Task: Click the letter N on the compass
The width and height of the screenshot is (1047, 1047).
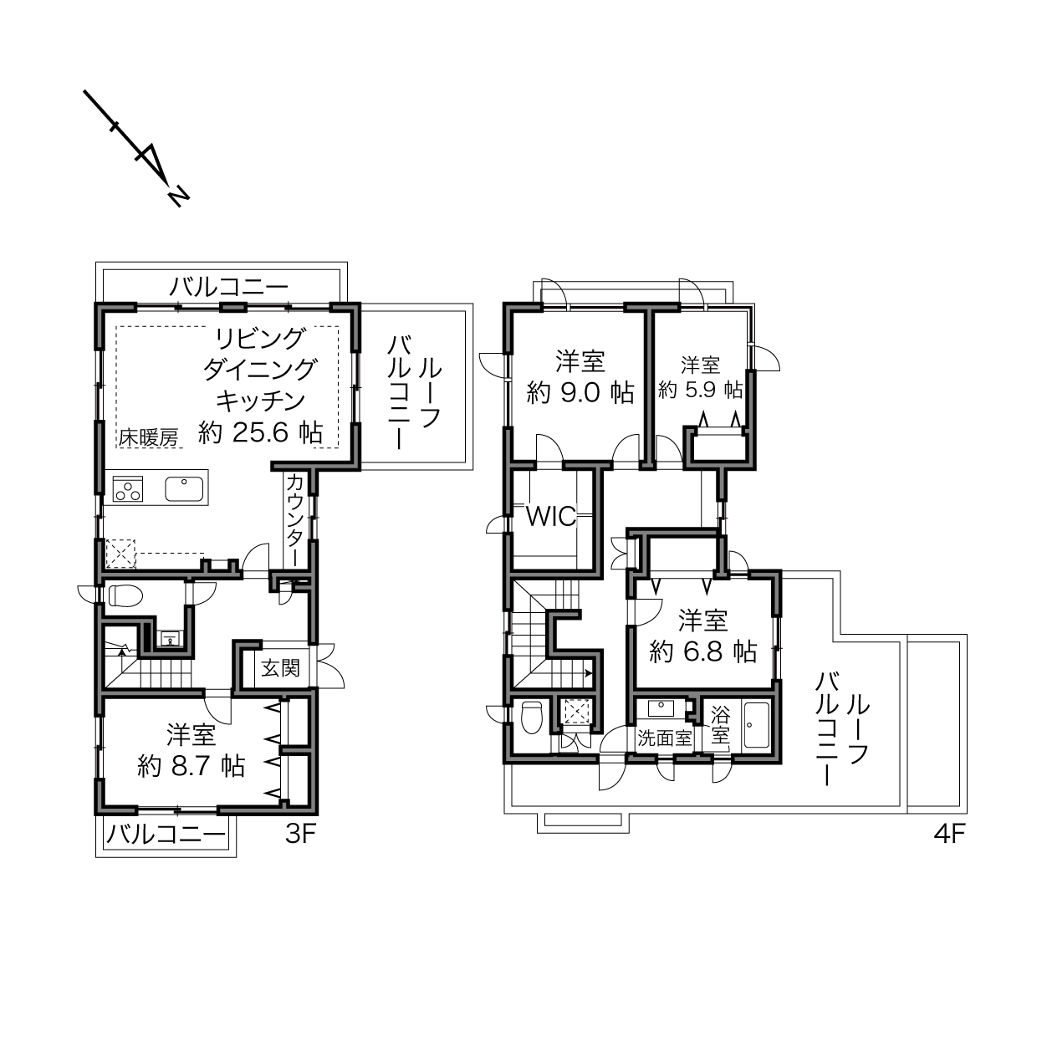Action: (178, 197)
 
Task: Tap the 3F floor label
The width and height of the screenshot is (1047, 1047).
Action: (300, 834)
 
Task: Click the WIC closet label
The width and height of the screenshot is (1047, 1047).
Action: (551, 517)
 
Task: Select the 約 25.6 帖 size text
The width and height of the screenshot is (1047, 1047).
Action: (260, 433)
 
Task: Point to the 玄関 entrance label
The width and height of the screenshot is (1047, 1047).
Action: (280, 668)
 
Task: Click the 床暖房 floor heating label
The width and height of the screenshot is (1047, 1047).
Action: (149, 437)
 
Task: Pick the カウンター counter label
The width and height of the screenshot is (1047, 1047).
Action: (294, 520)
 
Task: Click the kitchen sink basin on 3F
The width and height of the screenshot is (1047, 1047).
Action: (184, 489)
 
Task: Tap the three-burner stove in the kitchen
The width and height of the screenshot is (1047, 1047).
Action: (128, 489)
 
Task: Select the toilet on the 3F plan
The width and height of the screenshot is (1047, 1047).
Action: (125, 595)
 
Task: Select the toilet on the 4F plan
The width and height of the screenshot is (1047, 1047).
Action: (531, 718)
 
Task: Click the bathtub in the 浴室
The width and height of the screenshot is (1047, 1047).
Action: (756, 725)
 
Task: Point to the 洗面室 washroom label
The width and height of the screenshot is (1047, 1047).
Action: (665, 738)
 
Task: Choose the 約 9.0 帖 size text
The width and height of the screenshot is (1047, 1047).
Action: (580, 392)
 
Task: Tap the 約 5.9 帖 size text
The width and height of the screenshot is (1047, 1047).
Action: (700, 390)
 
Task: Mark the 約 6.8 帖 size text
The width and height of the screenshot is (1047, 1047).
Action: (703, 651)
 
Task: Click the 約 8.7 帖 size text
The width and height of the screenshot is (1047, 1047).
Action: (192, 766)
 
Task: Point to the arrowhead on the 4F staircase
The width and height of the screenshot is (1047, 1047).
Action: (589, 674)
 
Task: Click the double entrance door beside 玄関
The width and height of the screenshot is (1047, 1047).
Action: (329, 667)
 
